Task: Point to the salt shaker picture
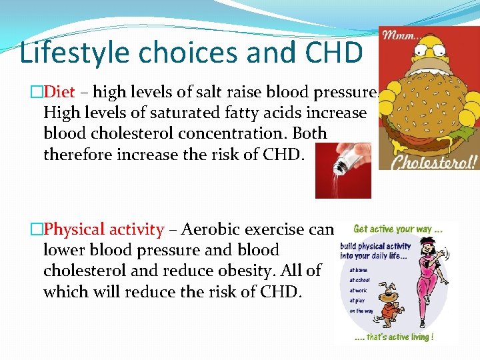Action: pyautogui.click(x=333, y=171)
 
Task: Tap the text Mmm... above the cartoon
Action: pyautogui.click(x=403, y=36)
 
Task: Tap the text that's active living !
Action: pyautogui.click(x=393, y=337)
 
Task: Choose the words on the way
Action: pyautogui.click(x=363, y=311)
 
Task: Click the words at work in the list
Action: pyautogui.click(x=360, y=291)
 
